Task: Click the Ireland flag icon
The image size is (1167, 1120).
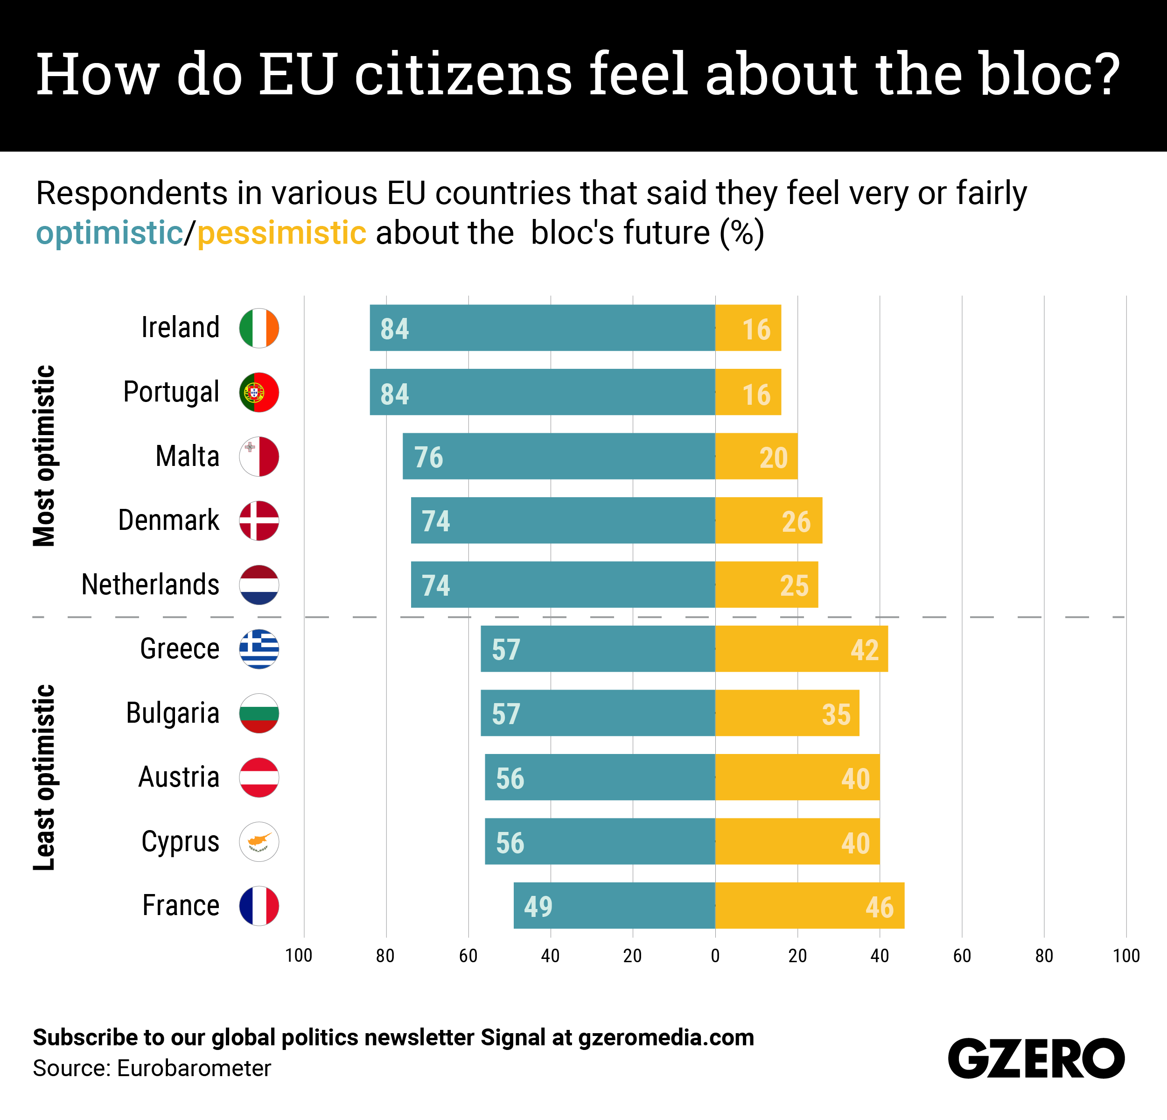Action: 259,328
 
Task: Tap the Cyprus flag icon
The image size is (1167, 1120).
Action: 259,841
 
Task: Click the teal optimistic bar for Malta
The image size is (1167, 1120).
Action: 559,456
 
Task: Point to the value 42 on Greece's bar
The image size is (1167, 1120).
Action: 865,649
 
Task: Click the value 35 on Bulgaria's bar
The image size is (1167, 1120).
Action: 836,714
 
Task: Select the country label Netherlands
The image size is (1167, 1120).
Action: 150,585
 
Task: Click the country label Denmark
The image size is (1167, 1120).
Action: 168,520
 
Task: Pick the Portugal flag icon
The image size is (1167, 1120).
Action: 259,392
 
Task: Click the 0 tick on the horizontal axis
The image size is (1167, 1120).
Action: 715,956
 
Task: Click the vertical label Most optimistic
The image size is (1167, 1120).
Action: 45,456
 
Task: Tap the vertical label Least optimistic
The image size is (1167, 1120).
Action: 45,777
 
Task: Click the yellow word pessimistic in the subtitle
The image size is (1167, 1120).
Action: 282,232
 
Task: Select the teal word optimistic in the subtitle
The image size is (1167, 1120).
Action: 110,232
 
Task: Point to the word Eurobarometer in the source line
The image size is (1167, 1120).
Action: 194,1068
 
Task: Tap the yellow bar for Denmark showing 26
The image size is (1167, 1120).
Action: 768,520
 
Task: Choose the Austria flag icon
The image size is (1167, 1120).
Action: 259,777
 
